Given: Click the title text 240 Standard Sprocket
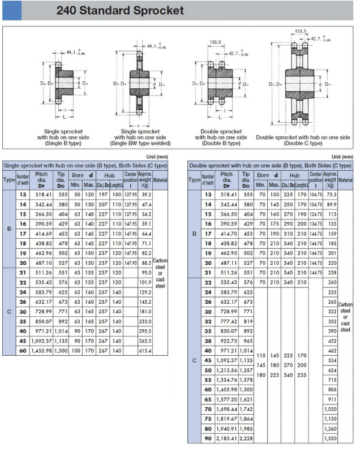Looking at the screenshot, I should (119, 11).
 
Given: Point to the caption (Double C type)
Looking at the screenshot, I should (303, 143).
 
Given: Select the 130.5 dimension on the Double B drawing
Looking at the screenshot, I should (216, 42).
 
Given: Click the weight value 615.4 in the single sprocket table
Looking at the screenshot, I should (146, 351).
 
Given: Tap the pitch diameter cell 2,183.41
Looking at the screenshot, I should (226, 438).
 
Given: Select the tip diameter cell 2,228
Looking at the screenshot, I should (246, 438).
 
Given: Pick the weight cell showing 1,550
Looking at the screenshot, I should (331, 438).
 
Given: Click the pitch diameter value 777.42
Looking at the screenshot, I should (226, 321).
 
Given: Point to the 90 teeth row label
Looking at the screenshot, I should (208, 438).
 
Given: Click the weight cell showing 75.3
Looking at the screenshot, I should (331, 194).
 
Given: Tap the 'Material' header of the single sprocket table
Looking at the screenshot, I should (160, 180).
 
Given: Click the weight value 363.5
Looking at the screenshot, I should (146, 341).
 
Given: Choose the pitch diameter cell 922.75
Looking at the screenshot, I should (226, 341).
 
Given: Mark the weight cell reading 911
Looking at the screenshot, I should (331, 399).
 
